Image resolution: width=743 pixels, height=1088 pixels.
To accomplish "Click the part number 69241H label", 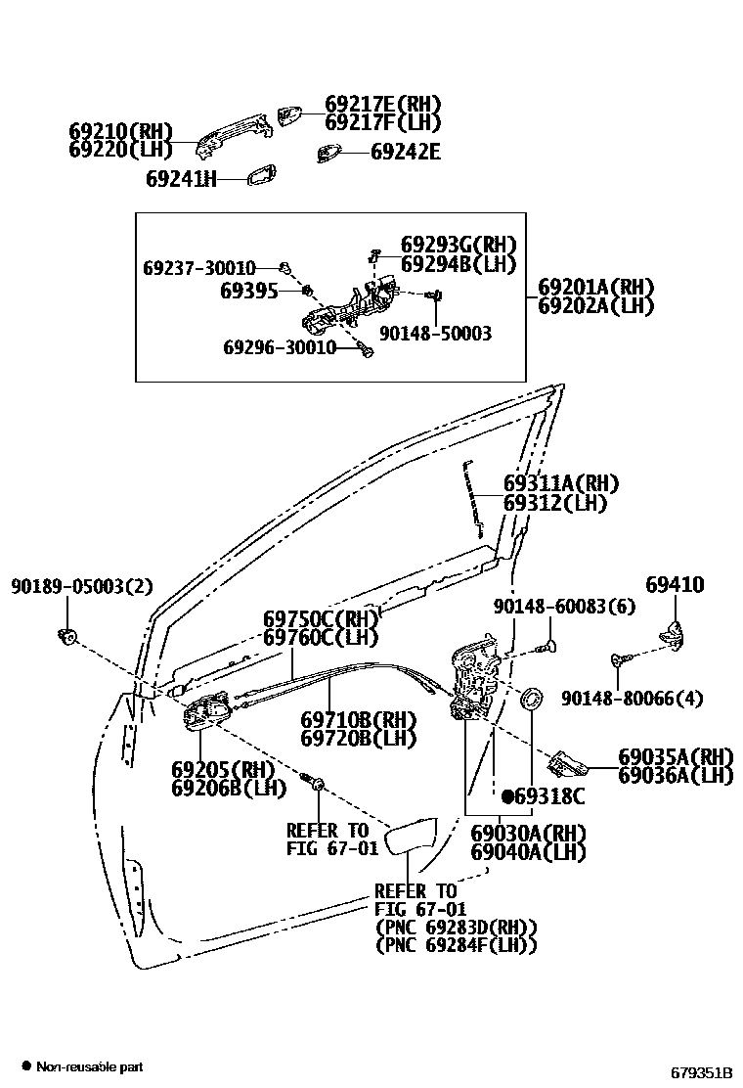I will click(x=181, y=179).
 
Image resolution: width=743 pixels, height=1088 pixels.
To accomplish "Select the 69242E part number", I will click(x=405, y=152).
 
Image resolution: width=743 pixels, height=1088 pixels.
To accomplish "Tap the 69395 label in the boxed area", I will click(x=248, y=291).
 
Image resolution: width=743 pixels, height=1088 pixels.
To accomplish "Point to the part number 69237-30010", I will click(x=198, y=268).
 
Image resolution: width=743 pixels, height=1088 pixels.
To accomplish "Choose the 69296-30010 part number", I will click(x=279, y=347).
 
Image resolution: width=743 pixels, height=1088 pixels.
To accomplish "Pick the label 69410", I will click(x=675, y=585).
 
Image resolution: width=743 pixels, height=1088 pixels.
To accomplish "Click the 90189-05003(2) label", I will click(x=82, y=586).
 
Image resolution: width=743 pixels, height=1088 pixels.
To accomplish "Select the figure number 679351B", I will click(x=701, y=1071).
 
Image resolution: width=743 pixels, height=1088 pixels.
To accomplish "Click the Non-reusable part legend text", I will click(x=89, y=1066).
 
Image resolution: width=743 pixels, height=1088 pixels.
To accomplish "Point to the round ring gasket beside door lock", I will click(x=533, y=699).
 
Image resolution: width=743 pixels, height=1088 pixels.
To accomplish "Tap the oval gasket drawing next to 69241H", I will click(x=261, y=177).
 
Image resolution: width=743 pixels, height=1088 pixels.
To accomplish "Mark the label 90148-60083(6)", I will click(x=564, y=607).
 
